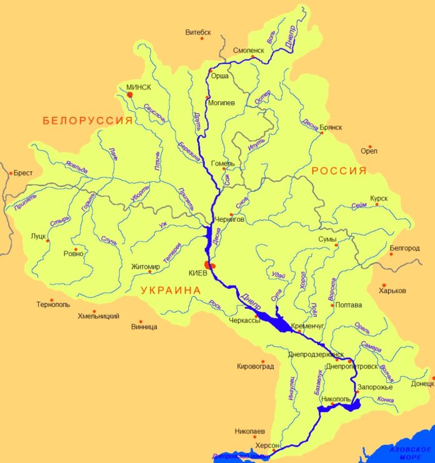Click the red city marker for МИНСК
(130, 94)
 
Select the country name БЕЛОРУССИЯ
(87, 121)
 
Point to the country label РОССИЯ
(339, 171)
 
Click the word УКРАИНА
(171, 291)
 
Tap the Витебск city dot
(202, 39)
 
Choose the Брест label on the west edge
(23, 173)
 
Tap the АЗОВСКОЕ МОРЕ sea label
(409, 452)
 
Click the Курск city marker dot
(377, 205)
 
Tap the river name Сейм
(358, 206)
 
